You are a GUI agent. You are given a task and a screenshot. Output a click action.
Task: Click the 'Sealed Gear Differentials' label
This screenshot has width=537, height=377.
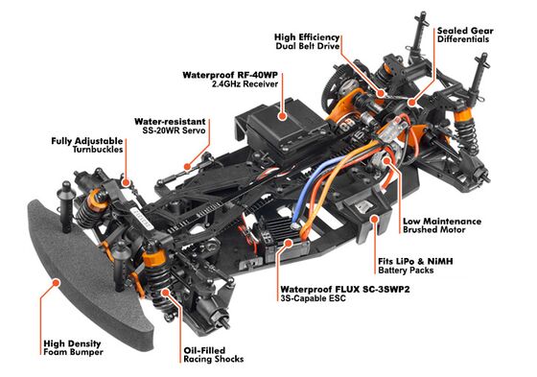point(465,35)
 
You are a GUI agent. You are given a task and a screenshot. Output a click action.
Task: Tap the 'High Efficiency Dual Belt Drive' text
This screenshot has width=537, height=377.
point(307,41)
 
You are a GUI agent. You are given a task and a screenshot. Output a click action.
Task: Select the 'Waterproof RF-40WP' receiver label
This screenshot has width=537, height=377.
point(230,80)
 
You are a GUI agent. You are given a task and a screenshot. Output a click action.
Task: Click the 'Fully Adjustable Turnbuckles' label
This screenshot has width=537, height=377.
point(87,145)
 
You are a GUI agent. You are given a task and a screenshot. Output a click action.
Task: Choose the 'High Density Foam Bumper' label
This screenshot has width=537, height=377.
point(73,347)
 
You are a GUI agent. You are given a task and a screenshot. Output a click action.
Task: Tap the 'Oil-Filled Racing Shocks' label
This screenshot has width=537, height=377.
point(213,355)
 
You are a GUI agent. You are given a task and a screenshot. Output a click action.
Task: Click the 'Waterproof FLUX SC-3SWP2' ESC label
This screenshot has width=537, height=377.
point(345,294)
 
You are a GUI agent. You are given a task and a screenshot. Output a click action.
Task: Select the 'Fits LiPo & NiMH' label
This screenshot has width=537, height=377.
point(415,266)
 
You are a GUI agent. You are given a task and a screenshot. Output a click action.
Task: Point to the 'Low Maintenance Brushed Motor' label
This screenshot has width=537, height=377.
point(442,225)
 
